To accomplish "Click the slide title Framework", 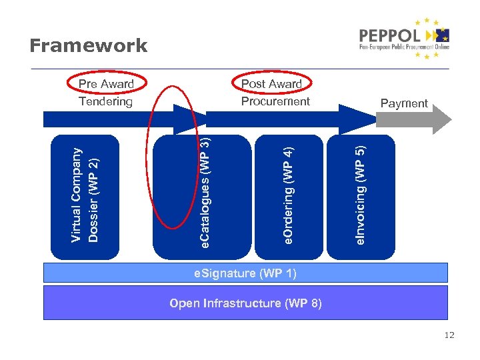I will click(88, 46).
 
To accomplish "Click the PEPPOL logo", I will click(404, 39).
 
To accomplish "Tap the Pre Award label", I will click(106, 84).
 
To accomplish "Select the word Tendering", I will click(106, 101).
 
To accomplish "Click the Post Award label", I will click(271, 84).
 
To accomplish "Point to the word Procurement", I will click(275, 101).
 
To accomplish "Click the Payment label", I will click(403, 103).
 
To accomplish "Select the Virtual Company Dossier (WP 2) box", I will click(85, 197).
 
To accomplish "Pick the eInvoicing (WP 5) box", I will click(360, 197).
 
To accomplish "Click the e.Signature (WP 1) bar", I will click(245, 273).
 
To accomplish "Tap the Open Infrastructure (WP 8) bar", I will click(245, 303).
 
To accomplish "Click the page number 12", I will click(449, 335).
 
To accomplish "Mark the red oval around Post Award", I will click(233, 83).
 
